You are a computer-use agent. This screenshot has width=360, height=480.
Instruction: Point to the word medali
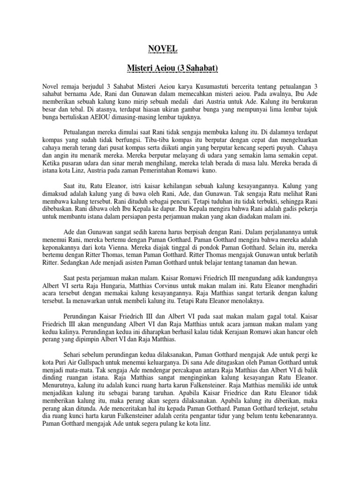182,105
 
